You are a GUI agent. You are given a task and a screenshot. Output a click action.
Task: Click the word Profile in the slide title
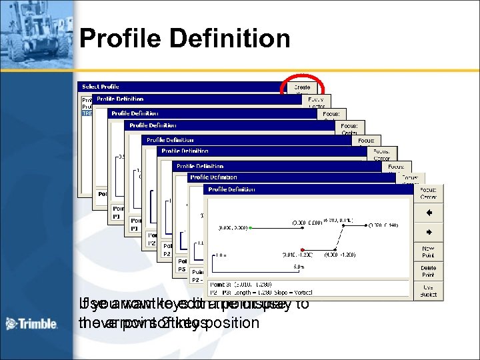[x=119, y=39]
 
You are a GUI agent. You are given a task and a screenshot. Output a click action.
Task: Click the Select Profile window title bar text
[x=101, y=86]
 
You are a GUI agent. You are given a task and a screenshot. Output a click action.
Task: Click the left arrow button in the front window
[x=429, y=213]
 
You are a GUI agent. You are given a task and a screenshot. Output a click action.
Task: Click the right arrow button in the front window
[x=429, y=233]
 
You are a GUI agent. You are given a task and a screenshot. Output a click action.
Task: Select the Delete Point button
[x=429, y=271]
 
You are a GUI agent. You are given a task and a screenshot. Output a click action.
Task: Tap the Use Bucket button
[x=429, y=290]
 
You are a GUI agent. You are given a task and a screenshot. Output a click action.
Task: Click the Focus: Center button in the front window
[x=429, y=193]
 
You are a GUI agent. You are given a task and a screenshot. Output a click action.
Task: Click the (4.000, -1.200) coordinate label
[x=340, y=255]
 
